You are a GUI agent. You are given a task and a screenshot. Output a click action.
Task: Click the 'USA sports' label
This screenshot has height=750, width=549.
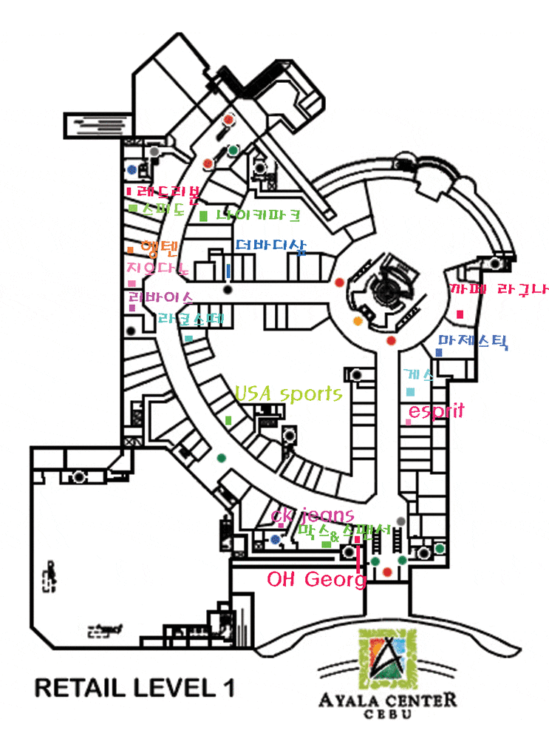coord(288,393)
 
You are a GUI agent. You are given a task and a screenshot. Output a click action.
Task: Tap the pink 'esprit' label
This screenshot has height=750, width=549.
coord(436,411)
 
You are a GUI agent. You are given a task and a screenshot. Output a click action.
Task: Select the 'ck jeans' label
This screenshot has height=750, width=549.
coord(313,515)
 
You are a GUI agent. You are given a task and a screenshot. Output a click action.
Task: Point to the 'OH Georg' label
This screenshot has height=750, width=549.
coord(316,580)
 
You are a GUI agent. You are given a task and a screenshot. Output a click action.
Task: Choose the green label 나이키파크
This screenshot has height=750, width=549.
coord(259,216)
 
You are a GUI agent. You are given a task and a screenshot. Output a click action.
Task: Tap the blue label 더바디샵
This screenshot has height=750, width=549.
coord(270,247)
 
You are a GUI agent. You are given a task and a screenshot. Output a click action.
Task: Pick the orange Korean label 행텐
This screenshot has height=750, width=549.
coord(158,247)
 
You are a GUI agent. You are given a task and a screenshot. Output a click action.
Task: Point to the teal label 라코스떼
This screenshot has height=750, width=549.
coord(191,319)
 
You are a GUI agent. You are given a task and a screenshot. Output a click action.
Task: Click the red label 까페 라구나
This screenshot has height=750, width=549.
coord(499,289)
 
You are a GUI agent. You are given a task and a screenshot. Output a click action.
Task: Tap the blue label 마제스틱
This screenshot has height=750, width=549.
coord(473,342)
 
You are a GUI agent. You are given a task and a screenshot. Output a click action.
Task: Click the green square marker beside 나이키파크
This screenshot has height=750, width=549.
coord(203,216)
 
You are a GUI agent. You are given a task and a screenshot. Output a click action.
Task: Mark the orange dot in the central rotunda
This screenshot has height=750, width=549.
coord(358,321)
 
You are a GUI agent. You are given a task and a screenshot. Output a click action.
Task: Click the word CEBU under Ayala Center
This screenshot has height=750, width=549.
coord(387,714)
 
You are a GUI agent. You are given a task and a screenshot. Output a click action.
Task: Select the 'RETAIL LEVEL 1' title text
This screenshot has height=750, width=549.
coord(134,688)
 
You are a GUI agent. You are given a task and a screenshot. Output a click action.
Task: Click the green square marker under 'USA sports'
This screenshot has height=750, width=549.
coord(228,420)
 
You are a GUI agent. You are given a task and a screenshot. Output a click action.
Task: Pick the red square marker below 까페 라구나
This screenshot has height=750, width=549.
coord(460,315)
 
